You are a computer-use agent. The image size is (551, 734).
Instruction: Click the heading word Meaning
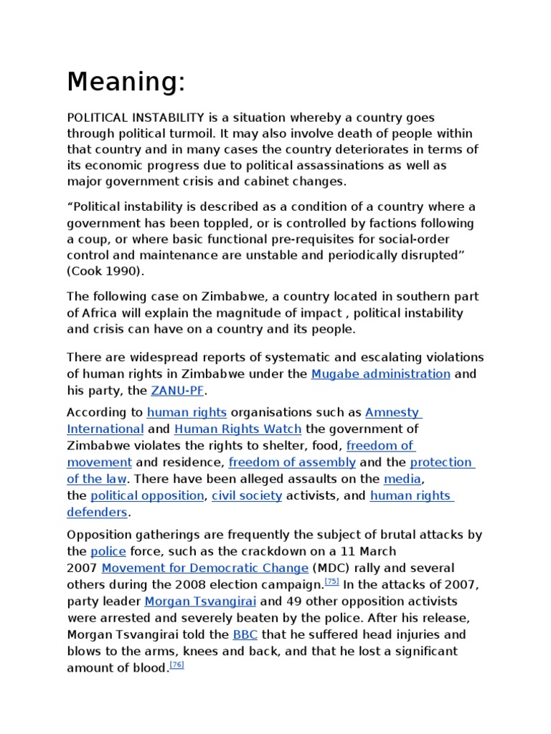pos(126,82)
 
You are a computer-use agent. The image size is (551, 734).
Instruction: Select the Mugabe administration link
pos(380,374)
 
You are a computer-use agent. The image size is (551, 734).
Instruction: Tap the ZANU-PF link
pos(177,391)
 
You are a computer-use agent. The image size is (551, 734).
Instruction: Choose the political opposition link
pos(147,496)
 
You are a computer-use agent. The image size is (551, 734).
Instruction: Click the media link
pos(402,479)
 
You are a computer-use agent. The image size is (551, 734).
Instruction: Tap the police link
pos(108,552)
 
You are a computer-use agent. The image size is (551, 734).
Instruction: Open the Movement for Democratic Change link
pos(204,568)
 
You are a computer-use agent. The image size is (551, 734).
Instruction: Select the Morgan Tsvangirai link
pos(199,601)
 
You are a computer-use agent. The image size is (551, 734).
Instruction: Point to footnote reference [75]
pos(332,581)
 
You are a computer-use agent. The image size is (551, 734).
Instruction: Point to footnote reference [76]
pos(177,664)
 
